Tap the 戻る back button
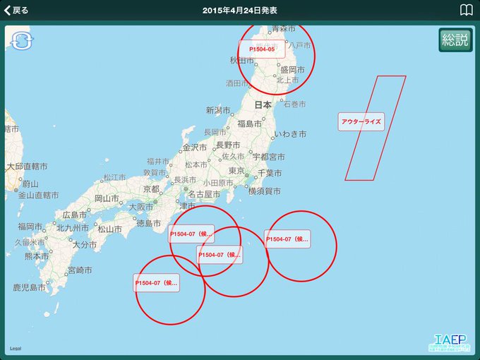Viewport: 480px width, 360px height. pyautogui.click(x=17, y=10)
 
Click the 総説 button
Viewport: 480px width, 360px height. pyautogui.click(x=455, y=40)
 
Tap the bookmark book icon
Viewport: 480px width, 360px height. pyautogui.click(x=466, y=10)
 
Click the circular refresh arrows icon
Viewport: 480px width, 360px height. pyautogui.click(x=21, y=40)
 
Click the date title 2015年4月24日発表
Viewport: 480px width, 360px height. pyautogui.click(x=239, y=10)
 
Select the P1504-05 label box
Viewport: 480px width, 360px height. pyautogui.click(x=261, y=49)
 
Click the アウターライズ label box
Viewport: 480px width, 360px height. pyautogui.click(x=361, y=121)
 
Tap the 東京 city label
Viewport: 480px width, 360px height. pyautogui.click(x=236, y=172)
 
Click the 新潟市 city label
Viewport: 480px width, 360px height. pyautogui.click(x=218, y=110)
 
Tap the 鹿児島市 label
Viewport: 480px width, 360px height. pyautogui.click(x=29, y=288)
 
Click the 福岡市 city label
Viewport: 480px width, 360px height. pyautogui.click(x=31, y=227)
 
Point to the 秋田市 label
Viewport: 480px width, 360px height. pyautogui.click(x=241, y=61)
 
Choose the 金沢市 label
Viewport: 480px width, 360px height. pyautogui.click(x=195, y=148)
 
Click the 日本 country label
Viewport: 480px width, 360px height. pyautogui.click(x=263, y=104)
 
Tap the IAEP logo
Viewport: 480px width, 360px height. pyautogui.click(x=450, y=340)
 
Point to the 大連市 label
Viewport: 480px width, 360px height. pyautogui.click(x=10, y=129)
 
